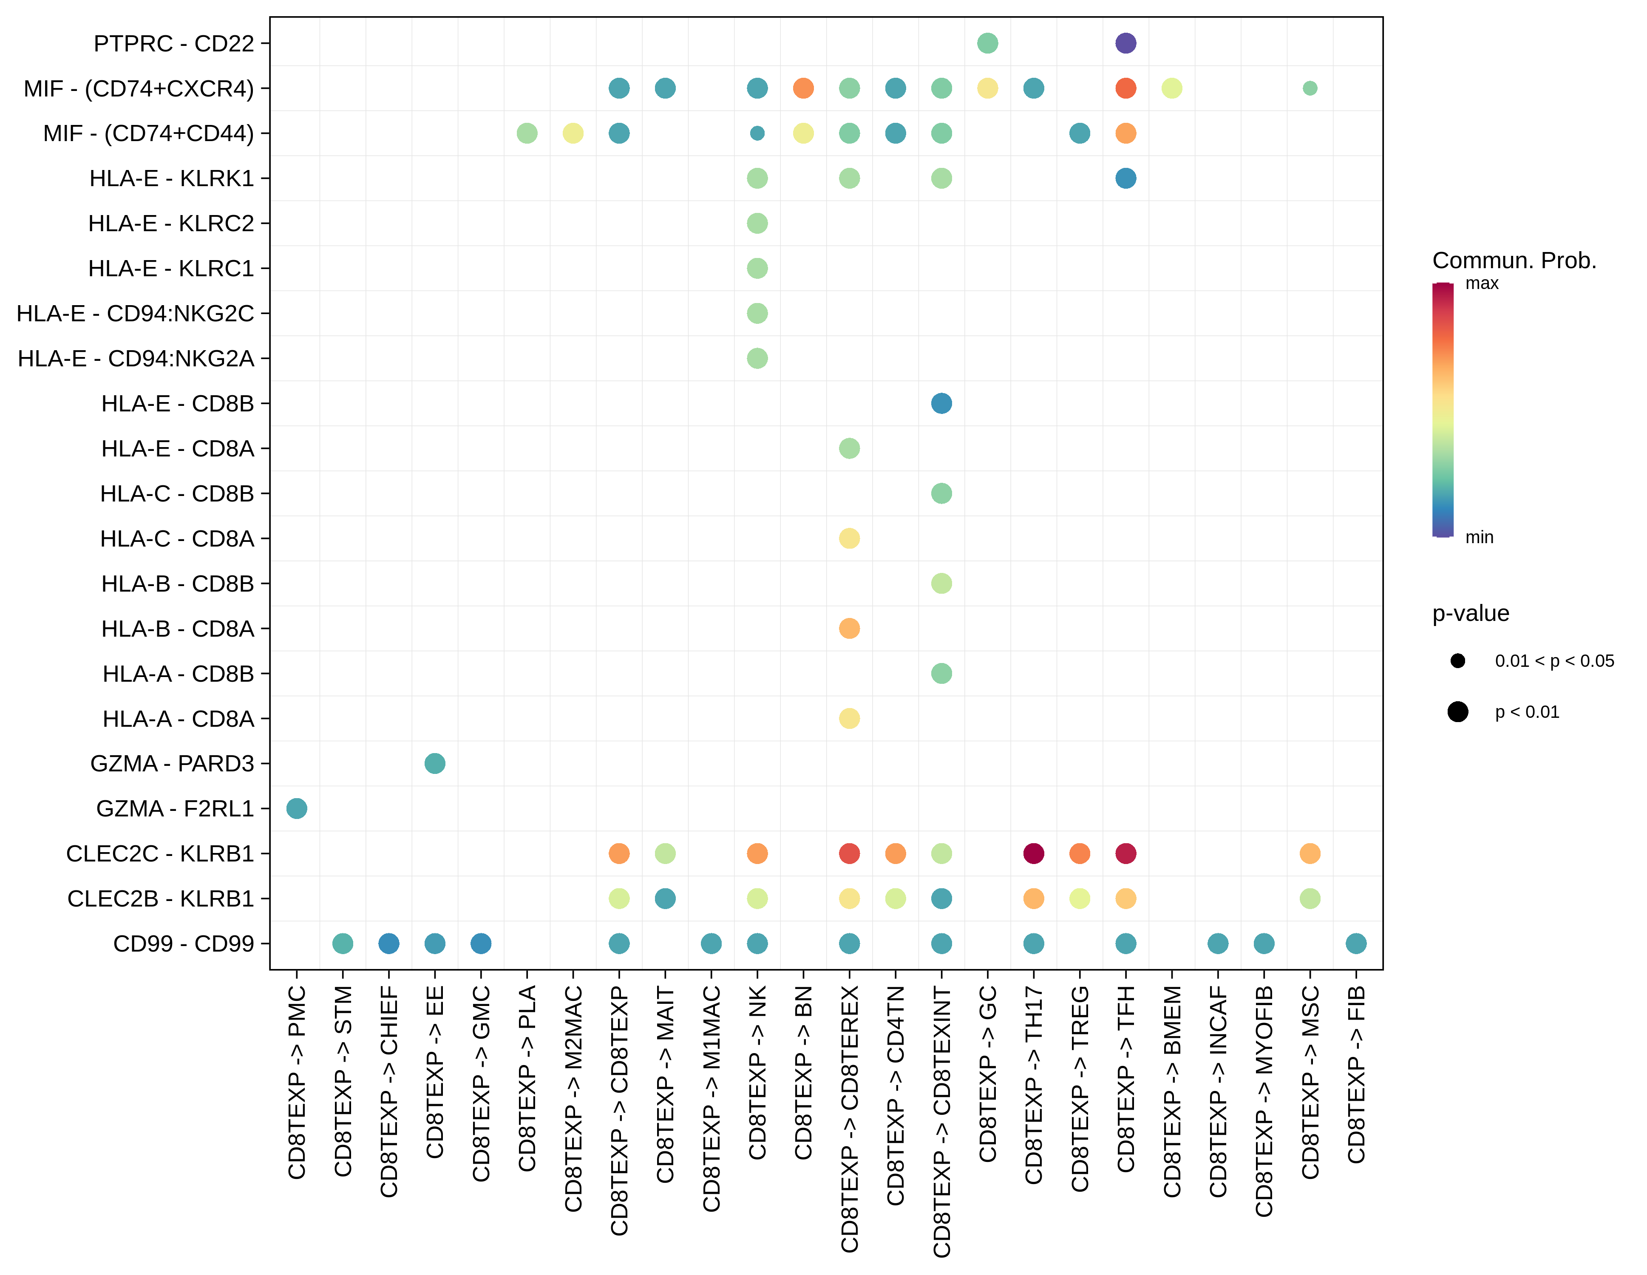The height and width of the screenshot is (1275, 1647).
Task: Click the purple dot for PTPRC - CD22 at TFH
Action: pos(1125,43)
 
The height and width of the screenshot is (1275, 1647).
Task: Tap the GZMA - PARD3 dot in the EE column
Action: pos(434,763)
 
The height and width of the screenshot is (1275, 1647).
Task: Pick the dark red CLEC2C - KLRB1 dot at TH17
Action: pos(1033,853)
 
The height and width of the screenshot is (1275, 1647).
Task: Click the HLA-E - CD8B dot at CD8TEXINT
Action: pos(941,403)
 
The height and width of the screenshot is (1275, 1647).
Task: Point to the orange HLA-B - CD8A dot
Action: pos(849,628)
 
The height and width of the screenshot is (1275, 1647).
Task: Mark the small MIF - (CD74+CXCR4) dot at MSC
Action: pos(1310,88)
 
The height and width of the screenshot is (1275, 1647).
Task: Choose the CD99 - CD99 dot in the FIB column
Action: pos(1356,943)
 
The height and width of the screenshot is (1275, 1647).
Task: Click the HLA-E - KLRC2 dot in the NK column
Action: pos(757,223)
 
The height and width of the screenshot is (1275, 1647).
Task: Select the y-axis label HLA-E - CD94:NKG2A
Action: pos(136,358)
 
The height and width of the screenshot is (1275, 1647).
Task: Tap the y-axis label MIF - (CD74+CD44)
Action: pos(149,133)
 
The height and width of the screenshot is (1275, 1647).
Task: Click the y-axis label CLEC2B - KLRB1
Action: pos(161,899)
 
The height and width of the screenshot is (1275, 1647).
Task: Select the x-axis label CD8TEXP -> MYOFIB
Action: pos(1264,1101)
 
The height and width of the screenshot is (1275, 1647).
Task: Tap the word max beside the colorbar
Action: pos(1482,283)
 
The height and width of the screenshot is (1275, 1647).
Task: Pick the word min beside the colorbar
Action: pos(1479,538)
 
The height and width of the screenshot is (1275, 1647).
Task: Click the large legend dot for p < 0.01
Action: pos(1458,712)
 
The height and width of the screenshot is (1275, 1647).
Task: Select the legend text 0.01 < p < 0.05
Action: pos(1554,661)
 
